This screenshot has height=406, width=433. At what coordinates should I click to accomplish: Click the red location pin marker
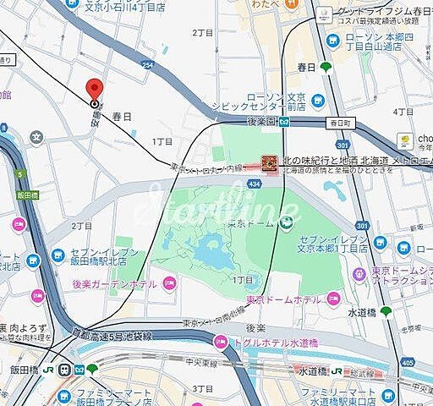[94, 90]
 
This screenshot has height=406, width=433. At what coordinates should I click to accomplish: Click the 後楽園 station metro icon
[286, 121]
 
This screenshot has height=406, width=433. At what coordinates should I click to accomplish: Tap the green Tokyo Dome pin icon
[287, 222]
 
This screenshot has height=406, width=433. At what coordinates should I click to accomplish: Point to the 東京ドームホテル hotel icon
[333, 299]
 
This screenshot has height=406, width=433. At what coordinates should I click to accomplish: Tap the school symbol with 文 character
[36, 136]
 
